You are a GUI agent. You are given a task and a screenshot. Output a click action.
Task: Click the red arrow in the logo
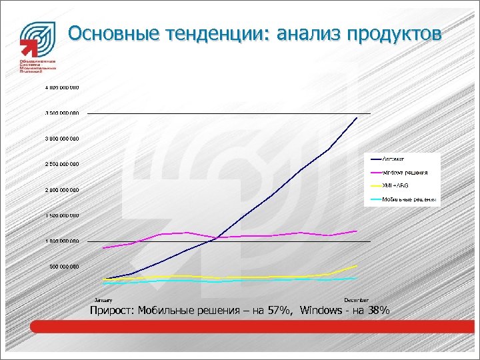(27, 47)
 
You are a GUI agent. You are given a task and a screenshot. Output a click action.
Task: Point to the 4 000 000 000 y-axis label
(62, 87)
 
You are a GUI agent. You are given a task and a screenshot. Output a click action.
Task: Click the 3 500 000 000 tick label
(62, 113)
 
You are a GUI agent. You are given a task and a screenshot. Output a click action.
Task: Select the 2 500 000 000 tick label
(62, 164)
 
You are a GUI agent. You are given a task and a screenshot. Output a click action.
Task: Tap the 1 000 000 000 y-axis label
(62, 241)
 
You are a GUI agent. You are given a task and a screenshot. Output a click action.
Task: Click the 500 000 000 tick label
(65, 267)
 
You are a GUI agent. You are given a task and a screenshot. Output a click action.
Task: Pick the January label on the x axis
(103, 301)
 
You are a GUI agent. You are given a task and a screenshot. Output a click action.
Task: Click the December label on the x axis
(356, 301)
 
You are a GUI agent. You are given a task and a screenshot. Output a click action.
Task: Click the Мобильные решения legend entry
(409, 199)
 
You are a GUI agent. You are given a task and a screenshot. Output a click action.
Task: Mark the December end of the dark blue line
(357, 117)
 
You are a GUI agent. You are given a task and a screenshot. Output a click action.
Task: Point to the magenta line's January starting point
(103, 248)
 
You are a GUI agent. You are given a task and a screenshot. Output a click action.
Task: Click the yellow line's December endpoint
(357, 265)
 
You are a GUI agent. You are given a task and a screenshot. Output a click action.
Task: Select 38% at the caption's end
(377, 310)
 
